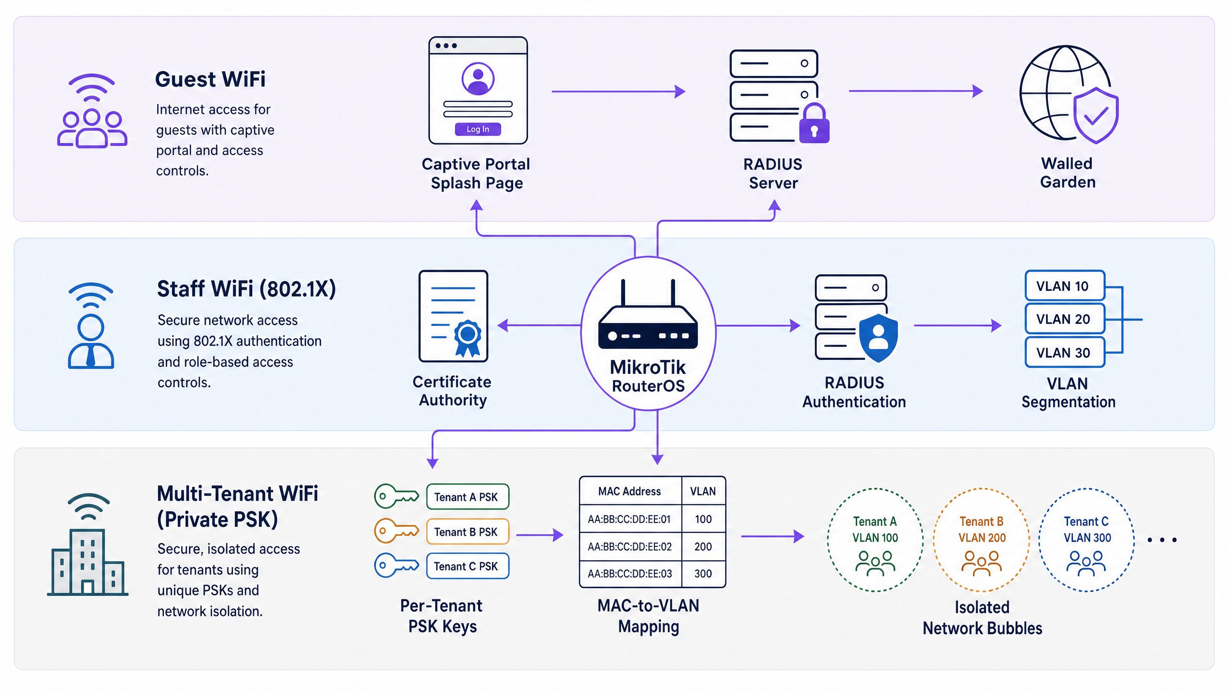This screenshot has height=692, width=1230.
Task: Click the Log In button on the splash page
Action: click(478, 129)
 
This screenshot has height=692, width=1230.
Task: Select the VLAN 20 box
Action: click(1065, 319)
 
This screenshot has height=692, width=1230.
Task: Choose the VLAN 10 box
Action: click(1065, 286)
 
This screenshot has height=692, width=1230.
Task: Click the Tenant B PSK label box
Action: click(467, 532)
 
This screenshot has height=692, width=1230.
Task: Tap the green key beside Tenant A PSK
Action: click(397, 496)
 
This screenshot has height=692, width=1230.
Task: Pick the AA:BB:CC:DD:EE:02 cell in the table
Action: click(630, 546)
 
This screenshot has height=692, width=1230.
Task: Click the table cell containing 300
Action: click(703, 574)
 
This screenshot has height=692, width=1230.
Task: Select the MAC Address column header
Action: click(630, 491)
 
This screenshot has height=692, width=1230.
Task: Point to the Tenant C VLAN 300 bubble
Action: click(1087, 540)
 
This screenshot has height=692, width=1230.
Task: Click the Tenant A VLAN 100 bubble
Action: click(875, 540)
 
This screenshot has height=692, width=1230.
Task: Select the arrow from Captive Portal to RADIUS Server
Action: click(618, 91)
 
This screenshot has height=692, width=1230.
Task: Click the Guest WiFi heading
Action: click(210, 79)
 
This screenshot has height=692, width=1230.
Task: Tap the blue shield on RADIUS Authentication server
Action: click(878, 338)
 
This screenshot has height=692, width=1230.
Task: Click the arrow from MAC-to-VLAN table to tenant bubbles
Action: click(773, 536)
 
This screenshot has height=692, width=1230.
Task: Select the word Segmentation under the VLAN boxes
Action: click(1069, 402)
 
